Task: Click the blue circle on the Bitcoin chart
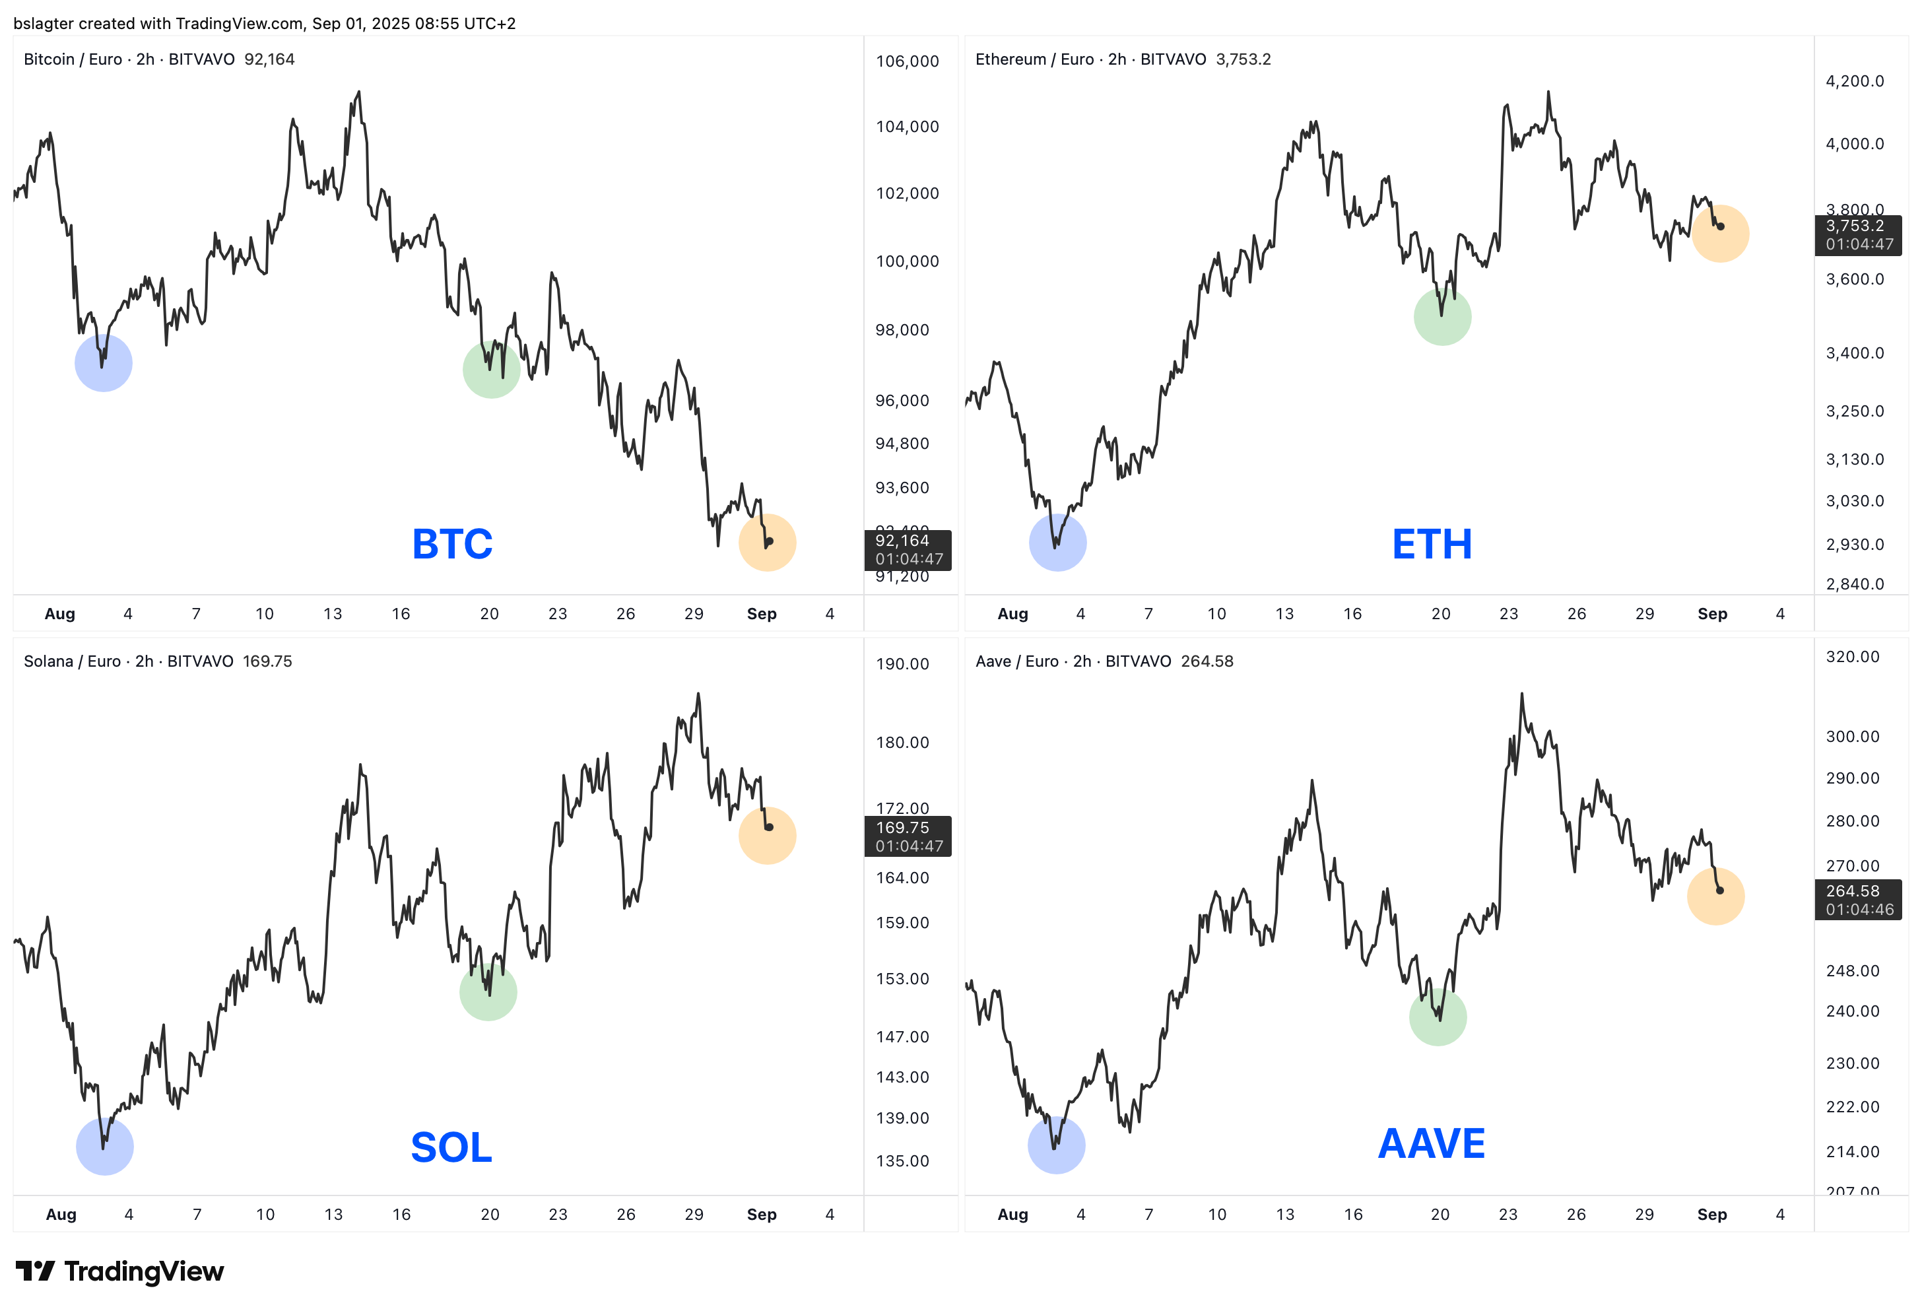[104, 362]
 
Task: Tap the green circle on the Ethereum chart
[1442, 316]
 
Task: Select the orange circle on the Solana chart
[768, 836]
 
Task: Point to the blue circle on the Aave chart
[1056, 1145]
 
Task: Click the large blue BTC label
[452, 544]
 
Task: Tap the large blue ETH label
[1432, 544]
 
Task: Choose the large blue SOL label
[451, 1147]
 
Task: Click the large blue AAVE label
[1432, 1144]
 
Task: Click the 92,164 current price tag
[908, 550]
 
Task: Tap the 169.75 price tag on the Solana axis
[908, 836]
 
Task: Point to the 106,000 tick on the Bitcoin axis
[908, 61]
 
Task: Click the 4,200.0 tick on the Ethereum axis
[1854, 81]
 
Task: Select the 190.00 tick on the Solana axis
[902, 663]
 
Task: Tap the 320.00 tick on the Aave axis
[1853, 657]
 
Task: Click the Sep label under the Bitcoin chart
[762, 614]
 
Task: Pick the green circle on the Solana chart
[488, 992]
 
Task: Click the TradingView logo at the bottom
[120, 1271]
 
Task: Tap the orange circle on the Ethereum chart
[1720, 233]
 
